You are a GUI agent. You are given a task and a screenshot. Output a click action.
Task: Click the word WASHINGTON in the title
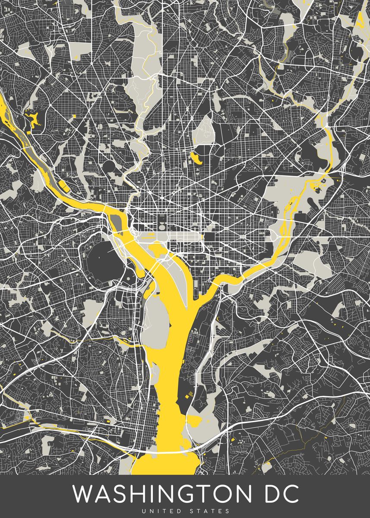pos(164,494)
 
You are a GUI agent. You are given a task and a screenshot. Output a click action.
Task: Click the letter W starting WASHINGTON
pos(83,494)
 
